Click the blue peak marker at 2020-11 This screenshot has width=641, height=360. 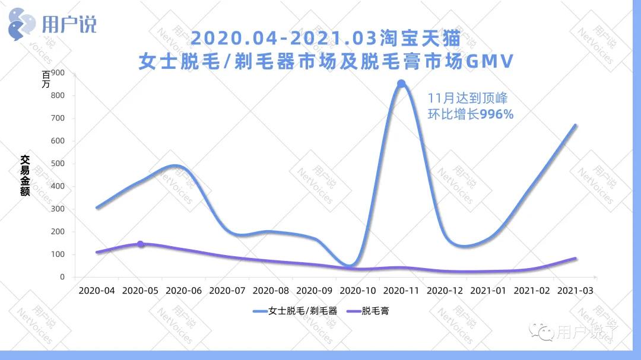[401, 84]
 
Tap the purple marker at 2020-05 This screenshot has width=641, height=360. [141, 244]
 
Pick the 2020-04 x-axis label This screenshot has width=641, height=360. [97, 291]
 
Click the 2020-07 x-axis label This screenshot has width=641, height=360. [227, 291]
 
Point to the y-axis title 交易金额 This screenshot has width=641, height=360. [25, 176]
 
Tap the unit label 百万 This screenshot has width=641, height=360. [47, 79]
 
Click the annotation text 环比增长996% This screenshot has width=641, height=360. [471, 114]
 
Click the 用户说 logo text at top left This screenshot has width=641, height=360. [69, 24]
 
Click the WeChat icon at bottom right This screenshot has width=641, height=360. [542, 332]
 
